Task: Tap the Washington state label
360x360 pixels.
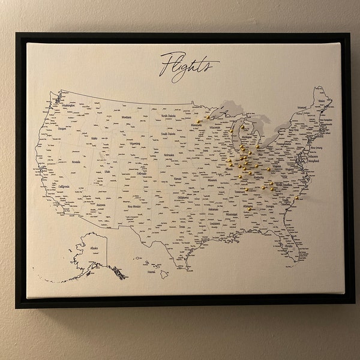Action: (x=68, y=106)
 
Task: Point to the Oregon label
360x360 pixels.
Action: (x=62, y=128)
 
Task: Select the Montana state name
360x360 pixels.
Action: (x=125, y=118)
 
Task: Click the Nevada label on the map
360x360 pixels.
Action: (x=76, y=162)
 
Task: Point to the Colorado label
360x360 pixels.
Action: (x=142, y=174)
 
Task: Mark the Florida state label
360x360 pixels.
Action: (x=292, y=245)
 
